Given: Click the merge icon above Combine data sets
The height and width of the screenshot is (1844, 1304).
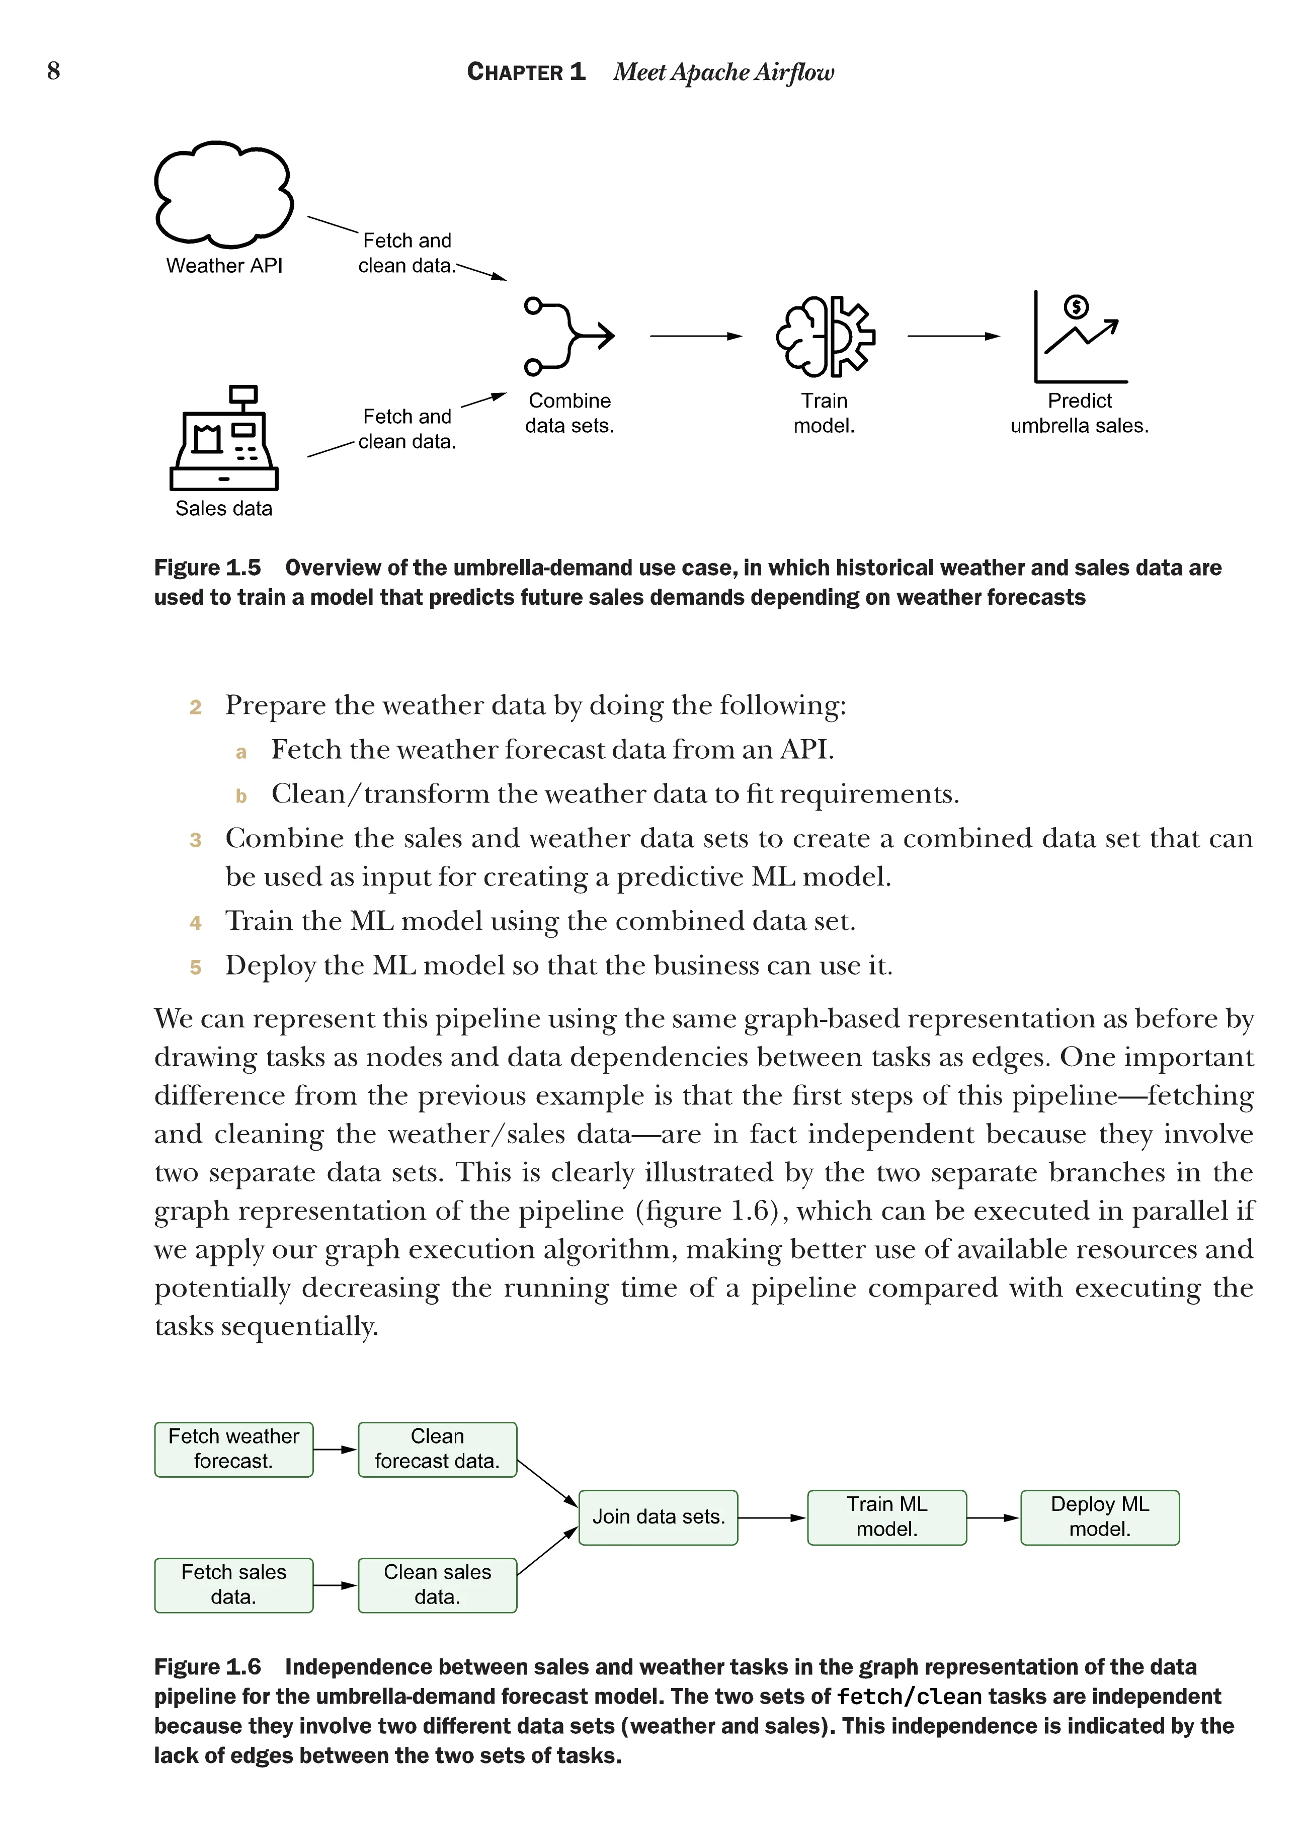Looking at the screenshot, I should pyautogui.click(x=568, y=336).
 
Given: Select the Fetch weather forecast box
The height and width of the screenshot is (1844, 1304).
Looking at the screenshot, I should pyautogui.click(x=233, y=1449).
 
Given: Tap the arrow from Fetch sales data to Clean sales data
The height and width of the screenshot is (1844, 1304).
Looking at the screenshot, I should pyautogui.click(x=335, y=1585).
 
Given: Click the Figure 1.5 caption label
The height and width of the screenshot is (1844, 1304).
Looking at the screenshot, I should pyautogui.click(x=207, y=568).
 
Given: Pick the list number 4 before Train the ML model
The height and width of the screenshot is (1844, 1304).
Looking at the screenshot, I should pyautogui.click(x=195, y=923).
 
